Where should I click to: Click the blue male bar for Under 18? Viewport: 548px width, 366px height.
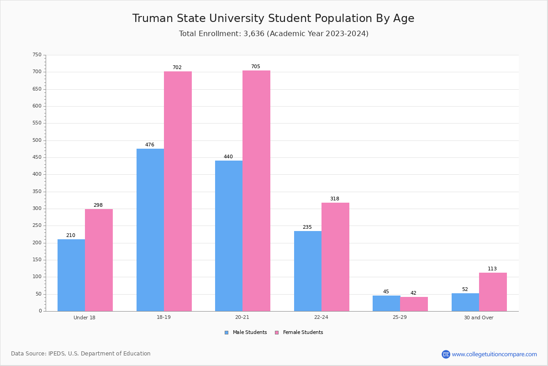71,275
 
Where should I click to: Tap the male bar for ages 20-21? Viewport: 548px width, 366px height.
229,236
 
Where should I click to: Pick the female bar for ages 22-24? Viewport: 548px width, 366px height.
335,257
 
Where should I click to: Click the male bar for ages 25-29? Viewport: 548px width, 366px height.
386,303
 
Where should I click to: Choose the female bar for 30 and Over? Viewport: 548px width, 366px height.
493,292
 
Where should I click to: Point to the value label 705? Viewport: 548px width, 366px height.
255,67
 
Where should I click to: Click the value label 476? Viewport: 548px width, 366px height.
150,145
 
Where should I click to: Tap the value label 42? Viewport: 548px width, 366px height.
413,293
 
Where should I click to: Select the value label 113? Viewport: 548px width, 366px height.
492,269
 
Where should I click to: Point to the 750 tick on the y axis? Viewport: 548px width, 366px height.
37,55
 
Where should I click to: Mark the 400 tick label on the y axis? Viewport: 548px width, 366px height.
37,174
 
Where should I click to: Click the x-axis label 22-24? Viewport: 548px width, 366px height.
321,318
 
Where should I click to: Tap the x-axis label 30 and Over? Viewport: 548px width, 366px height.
479,318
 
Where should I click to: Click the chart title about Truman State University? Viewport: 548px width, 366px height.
274,18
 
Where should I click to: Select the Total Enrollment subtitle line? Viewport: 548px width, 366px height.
274,34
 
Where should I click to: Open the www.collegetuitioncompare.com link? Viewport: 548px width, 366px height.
494,354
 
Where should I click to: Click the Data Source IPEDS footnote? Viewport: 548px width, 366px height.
81,354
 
